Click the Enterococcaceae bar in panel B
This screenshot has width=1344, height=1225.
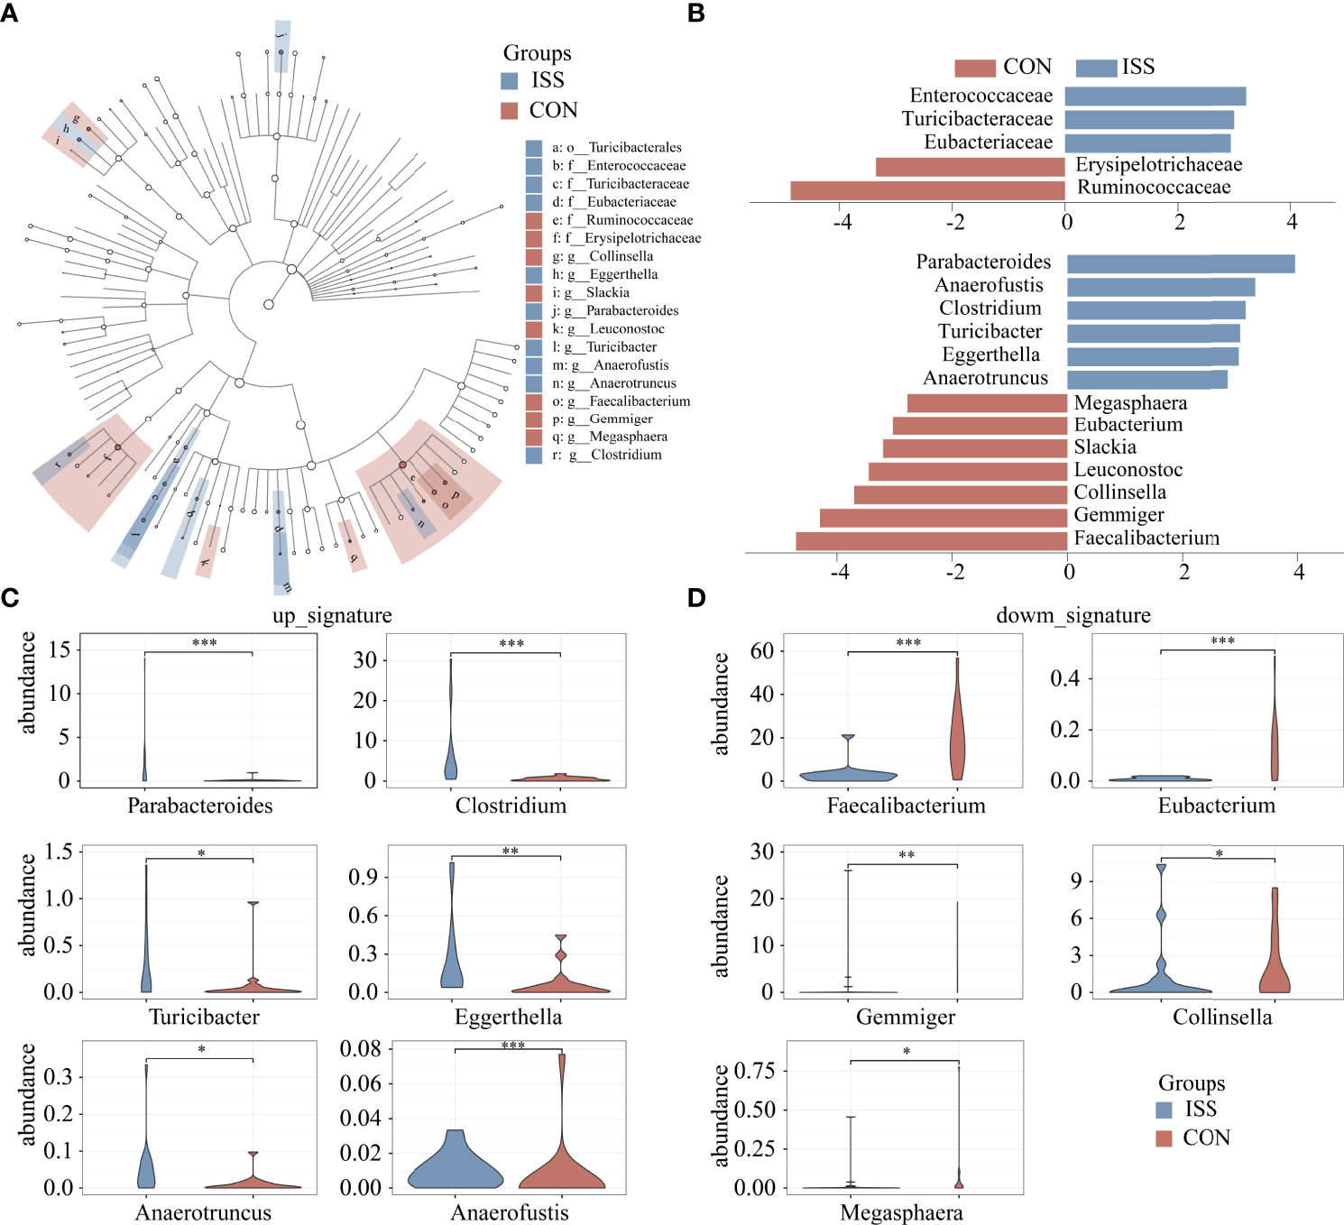point(1155,96)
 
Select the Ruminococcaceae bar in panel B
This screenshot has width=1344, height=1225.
point(927,190)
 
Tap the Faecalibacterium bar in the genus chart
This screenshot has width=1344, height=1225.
point(932,540)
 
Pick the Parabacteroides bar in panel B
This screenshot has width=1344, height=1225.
point(1181,263)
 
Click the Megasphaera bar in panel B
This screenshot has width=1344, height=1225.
point(987,403)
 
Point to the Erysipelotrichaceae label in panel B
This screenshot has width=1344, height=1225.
point(1158,165)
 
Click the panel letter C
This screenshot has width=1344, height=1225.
point(10,597)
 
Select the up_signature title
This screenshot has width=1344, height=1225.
point(332,615)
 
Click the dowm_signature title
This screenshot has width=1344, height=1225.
point(1072,615)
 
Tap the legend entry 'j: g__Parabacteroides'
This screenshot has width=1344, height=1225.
point(615,310)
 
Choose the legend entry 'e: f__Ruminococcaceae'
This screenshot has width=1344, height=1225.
point(622,220)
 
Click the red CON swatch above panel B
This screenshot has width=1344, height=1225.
point(975,68)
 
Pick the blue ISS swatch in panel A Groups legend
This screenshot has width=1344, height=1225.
point(510,81)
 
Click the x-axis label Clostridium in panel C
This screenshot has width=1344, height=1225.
point(511,806)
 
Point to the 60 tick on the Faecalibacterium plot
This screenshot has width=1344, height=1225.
point(762,650)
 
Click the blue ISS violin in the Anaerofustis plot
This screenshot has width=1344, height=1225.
point(455,1164)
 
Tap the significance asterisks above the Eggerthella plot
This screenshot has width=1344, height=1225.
point(511,851)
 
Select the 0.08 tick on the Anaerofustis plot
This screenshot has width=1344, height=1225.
point(361,1048)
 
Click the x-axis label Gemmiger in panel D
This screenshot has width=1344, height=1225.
point(905,1018)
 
